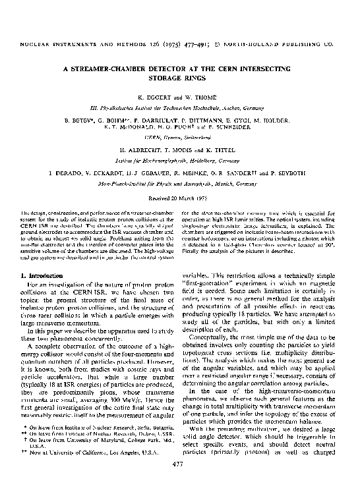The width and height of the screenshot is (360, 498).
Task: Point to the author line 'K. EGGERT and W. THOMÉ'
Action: tap(179, 97)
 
